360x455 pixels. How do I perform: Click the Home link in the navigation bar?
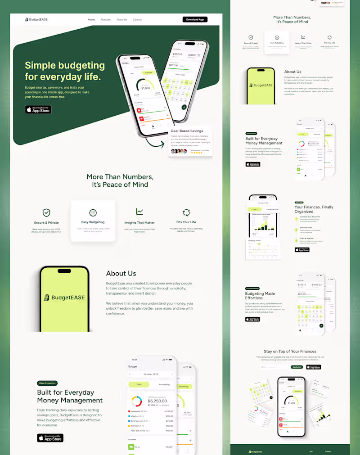click(91, 20)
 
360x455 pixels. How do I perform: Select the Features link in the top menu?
click(106, 20)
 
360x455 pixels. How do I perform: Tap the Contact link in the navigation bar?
click(137, 20)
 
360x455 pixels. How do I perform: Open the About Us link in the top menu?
click(121, 20)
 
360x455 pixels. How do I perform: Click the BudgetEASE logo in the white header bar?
click(36, 19)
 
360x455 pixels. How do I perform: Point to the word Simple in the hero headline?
click(42, 66)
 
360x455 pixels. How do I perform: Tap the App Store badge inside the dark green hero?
click(38, 110)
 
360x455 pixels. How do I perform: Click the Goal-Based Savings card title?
click(187, 131)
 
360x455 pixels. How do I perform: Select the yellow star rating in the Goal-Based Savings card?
click(196, 153)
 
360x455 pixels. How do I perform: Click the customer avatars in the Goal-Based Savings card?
click(178, 151)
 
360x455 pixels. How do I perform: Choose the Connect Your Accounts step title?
click(310, 216)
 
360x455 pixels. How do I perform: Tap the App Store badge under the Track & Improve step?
click(302, 250)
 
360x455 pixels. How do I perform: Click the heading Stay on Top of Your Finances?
click(290, 351)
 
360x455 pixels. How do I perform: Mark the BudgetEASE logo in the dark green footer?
click(255, 451)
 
